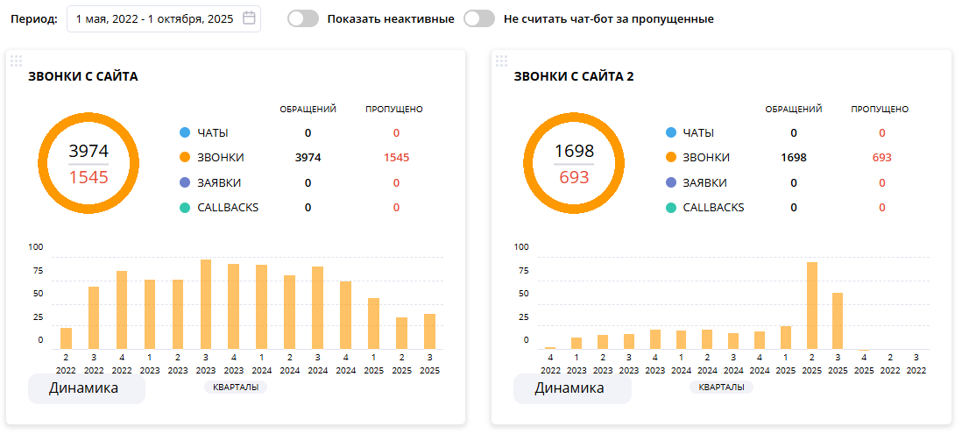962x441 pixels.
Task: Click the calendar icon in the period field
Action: (249, 18)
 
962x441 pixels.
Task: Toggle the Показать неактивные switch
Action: (303, 18)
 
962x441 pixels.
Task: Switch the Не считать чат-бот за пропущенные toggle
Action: (479, 18)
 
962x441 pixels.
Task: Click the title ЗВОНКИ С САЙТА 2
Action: (574, 76)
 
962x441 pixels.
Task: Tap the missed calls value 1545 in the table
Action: (396, 158)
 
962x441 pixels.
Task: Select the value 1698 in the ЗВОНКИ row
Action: (793, 158)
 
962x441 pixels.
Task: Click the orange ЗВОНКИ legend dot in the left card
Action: (184, 158)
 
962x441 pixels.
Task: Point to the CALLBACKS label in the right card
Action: (713, 208)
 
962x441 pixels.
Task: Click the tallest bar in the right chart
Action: (812, 305)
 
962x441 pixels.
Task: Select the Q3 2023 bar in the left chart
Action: (206, 304)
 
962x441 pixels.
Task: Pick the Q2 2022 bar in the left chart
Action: (66, 338)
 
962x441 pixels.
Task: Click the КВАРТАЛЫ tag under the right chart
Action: (721, 387)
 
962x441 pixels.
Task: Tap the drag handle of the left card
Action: (16, 60)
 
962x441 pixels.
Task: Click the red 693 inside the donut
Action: (574, 177)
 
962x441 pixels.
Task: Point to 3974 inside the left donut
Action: (88, 151)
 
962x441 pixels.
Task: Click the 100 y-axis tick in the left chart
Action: (36, 247)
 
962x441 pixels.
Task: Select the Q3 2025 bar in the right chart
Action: (838, 321)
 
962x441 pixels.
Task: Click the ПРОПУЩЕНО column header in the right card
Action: (880, 110)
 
